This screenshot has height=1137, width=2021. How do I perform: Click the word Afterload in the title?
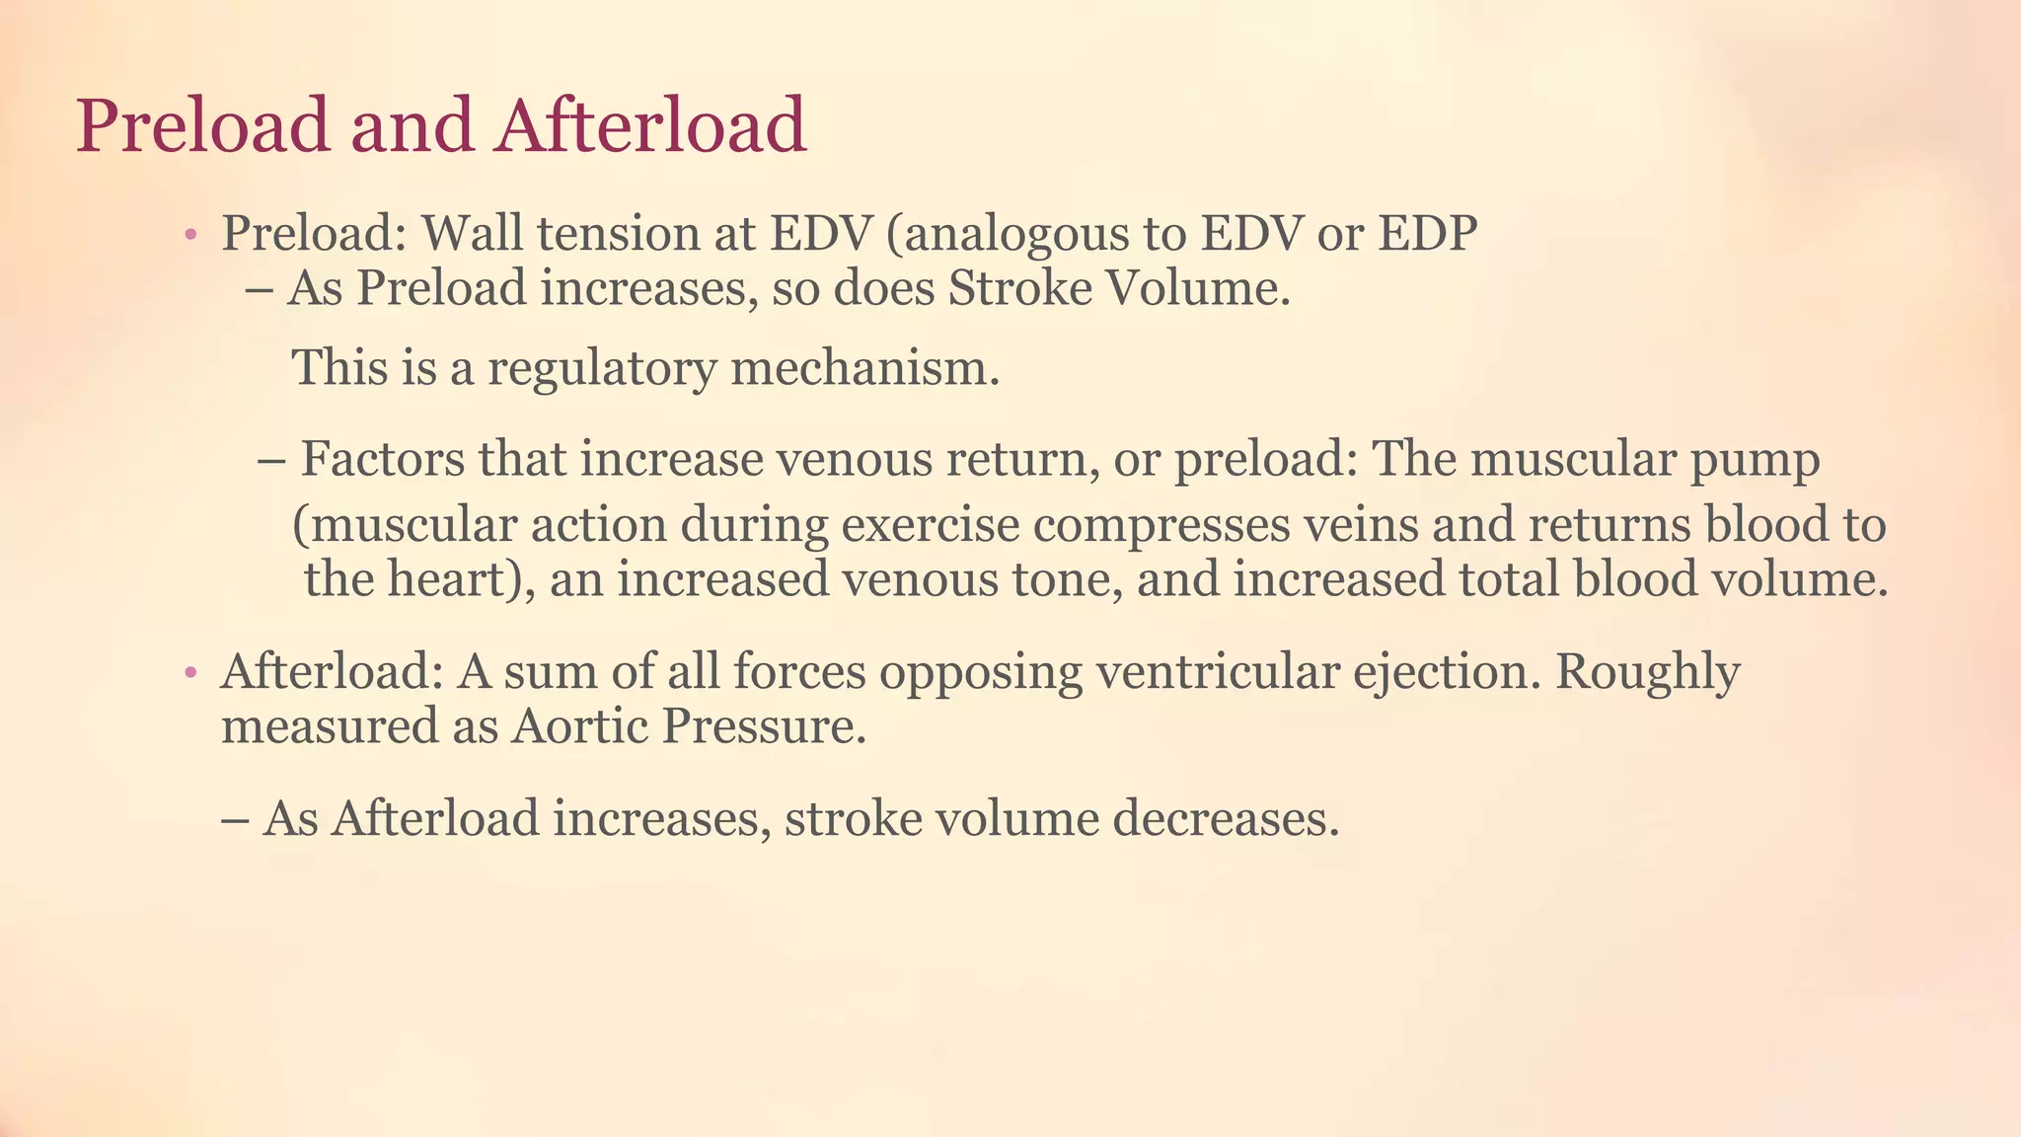[651, 125]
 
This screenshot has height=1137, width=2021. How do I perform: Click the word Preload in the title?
[202, 125]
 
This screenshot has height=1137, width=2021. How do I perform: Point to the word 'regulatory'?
[602, 368]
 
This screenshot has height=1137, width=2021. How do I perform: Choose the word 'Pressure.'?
[764, 727]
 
